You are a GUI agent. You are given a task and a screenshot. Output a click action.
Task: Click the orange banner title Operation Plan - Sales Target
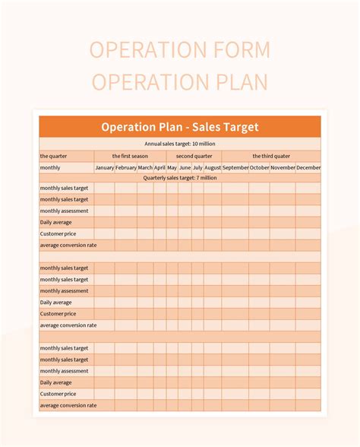click(179, 127)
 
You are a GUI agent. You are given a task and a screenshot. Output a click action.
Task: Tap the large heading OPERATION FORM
click(179, 50)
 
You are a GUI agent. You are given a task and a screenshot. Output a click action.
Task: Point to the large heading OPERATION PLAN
click(179, 81)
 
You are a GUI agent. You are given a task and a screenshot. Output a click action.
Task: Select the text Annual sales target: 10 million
click(179, 143)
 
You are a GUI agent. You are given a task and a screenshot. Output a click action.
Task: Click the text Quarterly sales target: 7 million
click(179, 178)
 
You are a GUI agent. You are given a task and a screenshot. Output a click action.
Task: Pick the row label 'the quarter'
click(54, 155)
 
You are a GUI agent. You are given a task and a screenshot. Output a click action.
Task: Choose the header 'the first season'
click(130, 155)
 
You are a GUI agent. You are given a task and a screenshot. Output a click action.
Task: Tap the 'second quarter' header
click(194, 155)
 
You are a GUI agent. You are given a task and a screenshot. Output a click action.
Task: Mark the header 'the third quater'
click(271, 155)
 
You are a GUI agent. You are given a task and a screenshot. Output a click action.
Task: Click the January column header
click(104, 167)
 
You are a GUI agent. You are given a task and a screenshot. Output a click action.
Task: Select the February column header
click(126, 167)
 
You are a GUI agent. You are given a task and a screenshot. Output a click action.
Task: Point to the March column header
click(145, 167)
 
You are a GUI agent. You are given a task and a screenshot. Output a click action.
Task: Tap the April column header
click(159, 167)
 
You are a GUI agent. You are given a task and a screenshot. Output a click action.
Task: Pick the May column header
click(172, 167)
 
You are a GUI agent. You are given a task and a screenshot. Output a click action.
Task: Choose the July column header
click(197, 167)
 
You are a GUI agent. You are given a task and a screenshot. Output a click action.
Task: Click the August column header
click(213, 167)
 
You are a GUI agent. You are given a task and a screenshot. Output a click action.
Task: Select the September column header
click(235, 167)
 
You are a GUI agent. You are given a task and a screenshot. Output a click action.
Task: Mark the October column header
click(260, 167)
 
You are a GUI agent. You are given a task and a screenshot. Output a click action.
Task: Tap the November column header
click(283, 167)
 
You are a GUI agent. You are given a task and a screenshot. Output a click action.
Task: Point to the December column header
click(308, 167)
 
